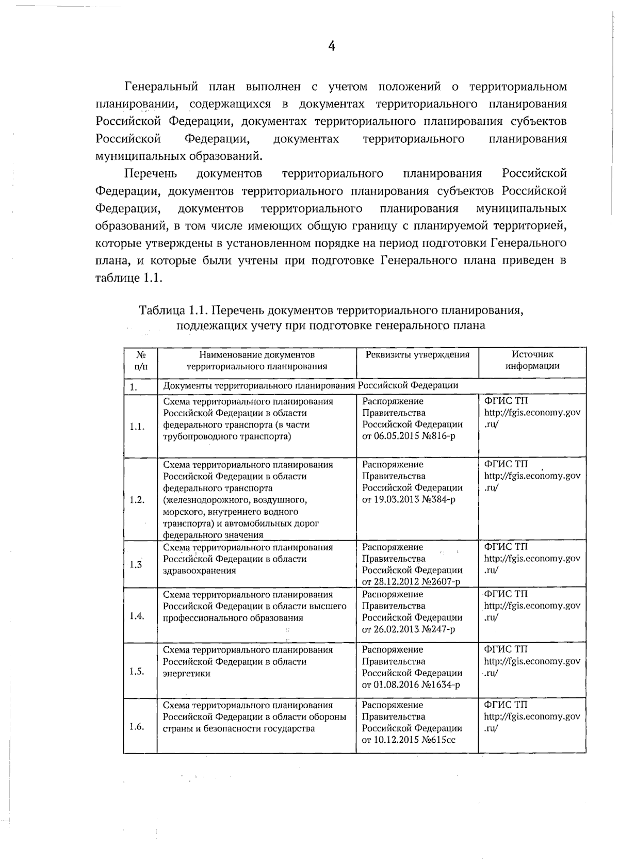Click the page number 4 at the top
click(332, 46)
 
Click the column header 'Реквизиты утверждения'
click(417, 354)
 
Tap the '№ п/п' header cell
click(140, 360)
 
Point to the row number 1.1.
click(137, 427)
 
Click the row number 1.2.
click(137, 499)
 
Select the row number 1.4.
click(137, 616)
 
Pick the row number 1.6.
click(137, 726)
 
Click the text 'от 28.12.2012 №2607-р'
click(411, 582)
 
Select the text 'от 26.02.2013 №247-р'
click(409, 629)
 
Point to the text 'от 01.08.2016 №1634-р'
click(411, 685)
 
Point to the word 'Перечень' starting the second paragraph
click(151, 173)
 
